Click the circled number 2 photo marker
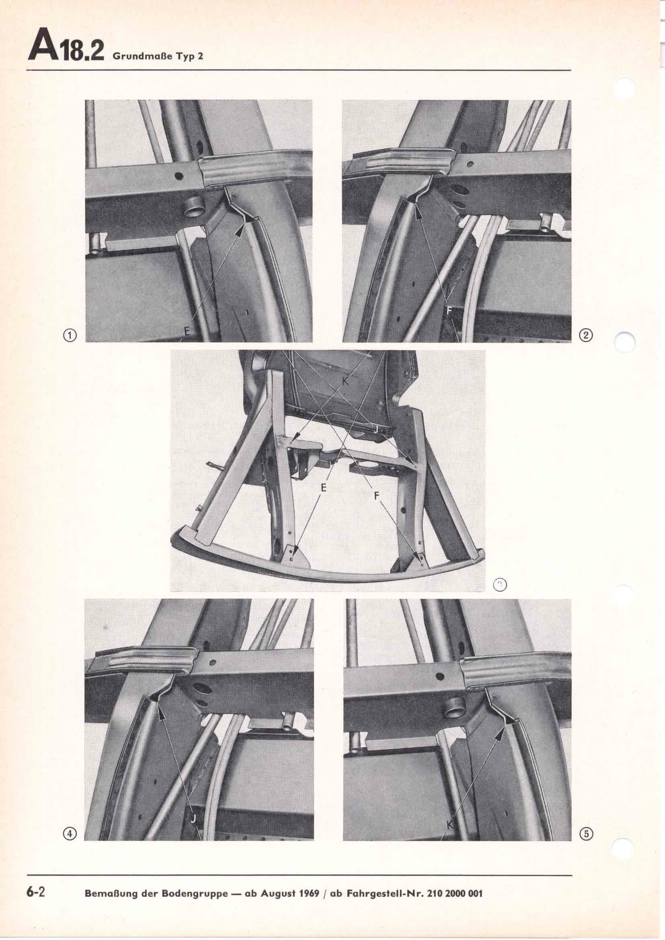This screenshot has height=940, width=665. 586,336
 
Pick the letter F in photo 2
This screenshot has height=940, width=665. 449,312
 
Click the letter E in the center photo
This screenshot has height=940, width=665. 324,488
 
